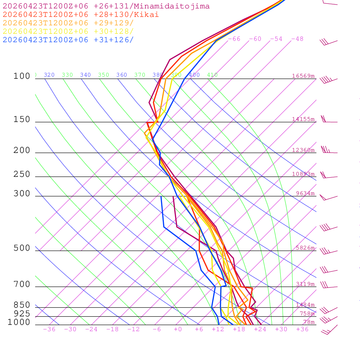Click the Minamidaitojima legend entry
[106, 6]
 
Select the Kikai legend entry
[81, 15]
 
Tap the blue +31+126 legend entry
[68, 40]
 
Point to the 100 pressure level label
[22, 76]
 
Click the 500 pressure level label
[22, 248]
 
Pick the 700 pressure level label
[22, 284]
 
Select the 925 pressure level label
[22, 314]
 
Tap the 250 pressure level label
[22, 174]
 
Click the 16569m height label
[303, 76]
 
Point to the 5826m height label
[305, 248]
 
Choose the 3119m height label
[305, 284]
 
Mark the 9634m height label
[305, 193]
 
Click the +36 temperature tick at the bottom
[302, 329]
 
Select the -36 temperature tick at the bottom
[49, 329]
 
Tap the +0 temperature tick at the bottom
[178, 329]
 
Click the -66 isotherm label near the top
[234, 39]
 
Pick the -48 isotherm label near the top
[297, 39]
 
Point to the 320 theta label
[49, 75]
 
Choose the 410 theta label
[212, 75]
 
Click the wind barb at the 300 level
[328, 198]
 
